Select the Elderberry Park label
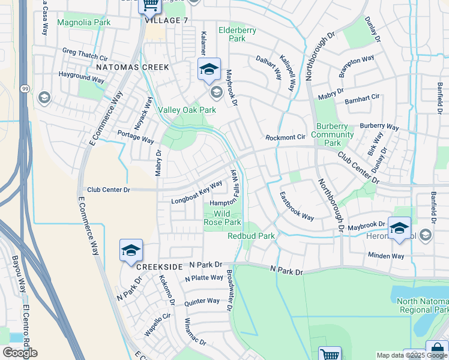[x=237, y=34]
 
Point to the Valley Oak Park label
[x=187, y=110]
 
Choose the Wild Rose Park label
[x=223, y=218]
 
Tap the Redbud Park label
[x=251, y=236]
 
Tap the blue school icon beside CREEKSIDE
[x=130, y=251]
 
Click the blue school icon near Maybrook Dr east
[x=399, y=229]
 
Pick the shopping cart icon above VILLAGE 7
[x=149, y=5]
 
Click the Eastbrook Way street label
[x=297, y=206]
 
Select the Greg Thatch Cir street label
[x=85, y=54]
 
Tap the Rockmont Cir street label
[x=286, y=137]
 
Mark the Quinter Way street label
[x=202, y=301]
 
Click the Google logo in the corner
[x=20, y=353]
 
